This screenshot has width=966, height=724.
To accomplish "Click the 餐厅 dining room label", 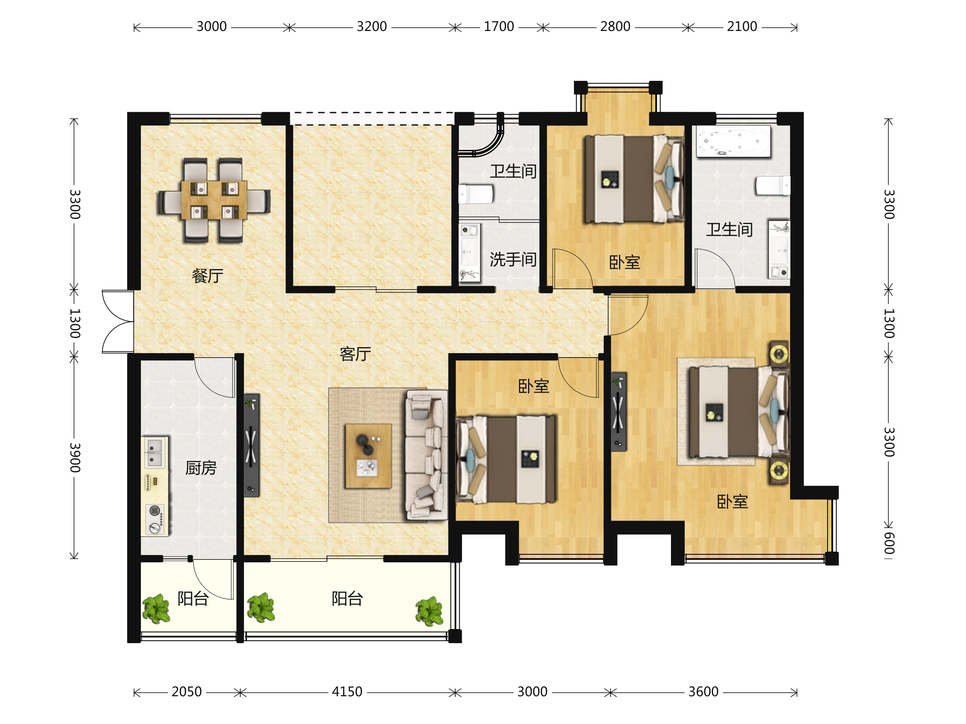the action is (207, 276).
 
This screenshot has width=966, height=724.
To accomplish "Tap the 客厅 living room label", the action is (355, 354).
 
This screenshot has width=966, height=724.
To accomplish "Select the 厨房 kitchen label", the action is (201, 468).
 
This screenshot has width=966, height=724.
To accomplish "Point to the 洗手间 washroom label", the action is (513, 260).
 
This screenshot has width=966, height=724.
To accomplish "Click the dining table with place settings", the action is (214, 200).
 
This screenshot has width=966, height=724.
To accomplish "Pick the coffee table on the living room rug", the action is (368, 456).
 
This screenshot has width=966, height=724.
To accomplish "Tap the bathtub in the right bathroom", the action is (733, 141).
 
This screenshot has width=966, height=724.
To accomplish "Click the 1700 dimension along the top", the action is (499, 27).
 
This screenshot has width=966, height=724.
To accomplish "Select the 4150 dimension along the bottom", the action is (347, 692).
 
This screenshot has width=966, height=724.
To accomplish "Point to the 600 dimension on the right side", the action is (889, 543).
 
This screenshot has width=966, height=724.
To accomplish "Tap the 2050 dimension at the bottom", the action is (186, 692).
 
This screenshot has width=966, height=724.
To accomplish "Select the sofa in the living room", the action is (426, 455).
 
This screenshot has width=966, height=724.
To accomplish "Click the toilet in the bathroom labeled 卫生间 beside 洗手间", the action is (476, 194).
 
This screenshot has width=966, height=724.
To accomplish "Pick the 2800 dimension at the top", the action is (615, 27).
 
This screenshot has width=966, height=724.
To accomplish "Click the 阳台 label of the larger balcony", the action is (347, 599).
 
